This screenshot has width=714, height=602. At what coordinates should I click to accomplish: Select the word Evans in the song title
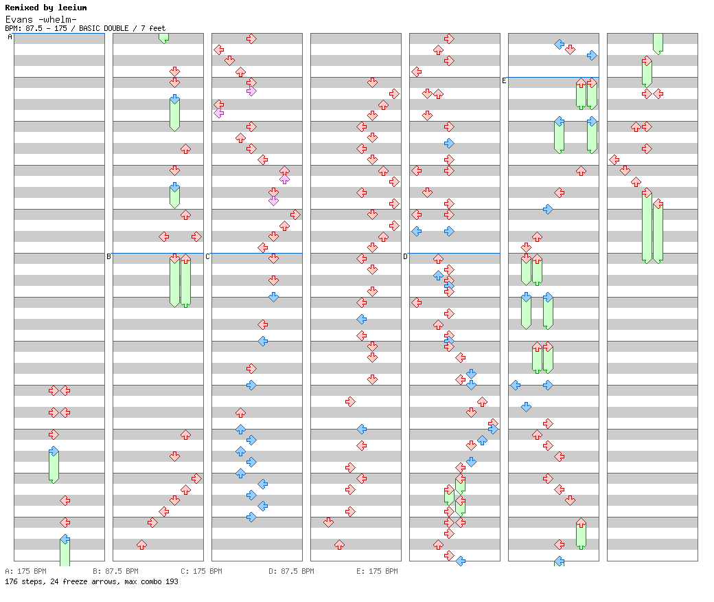click(x=17, y=19)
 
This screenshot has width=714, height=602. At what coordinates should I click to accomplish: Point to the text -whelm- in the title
click(x=55, y=19)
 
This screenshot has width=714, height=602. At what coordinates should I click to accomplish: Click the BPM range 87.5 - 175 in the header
click(x=47, y=29)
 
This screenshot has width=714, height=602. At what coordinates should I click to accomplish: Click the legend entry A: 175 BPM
click(x=25, y=571)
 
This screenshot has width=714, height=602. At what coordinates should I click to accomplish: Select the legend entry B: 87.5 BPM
click(x=115, y=571)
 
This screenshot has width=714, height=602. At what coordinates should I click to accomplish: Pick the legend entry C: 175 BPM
click(x=201, y=571)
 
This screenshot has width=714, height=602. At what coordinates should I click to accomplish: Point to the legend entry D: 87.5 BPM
click(x=291, y=571)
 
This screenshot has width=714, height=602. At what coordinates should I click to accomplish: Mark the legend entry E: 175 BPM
click(x=377, y=571)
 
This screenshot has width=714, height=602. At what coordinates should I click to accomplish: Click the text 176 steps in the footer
click(x=21, y=581)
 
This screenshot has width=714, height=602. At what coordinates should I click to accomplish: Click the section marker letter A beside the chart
click(x=10, y=37)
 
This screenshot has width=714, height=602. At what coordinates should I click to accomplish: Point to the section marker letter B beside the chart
click(x=108, y=257)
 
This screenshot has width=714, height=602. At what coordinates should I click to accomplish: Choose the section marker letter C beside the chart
click(x=207, y=257)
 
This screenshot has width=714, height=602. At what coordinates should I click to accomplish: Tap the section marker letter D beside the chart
click(x=405, y=257)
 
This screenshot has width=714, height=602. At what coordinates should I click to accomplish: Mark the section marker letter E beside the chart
click(x=504, y=81)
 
